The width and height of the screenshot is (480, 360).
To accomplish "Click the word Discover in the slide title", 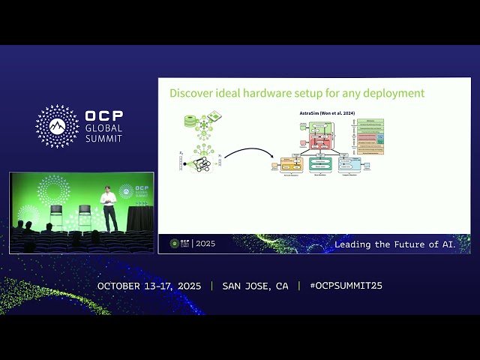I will pos(191,94).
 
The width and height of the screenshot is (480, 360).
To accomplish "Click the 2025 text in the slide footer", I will pos(204,244).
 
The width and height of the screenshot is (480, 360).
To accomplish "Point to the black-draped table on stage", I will pos(139,218).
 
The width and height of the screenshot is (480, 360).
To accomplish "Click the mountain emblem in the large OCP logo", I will pos(57,126).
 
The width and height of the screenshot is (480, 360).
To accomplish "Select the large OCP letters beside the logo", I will pos(104,116).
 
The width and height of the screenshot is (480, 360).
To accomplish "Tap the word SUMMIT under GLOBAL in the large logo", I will pos(104,138).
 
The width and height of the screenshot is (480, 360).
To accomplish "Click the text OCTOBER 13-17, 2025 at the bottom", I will pos(149,286).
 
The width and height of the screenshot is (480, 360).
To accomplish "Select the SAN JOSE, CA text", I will pos(255,286).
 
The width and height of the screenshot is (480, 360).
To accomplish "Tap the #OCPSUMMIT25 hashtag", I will pos(340,286).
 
